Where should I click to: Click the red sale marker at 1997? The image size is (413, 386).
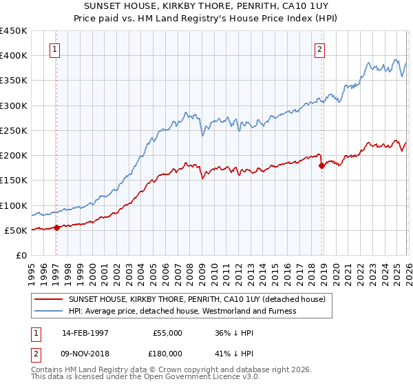pyautogui.click(x=57, y=228)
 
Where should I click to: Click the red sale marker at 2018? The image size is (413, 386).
pyautogui.click(x=321, y=165)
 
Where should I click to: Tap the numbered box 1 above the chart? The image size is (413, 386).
pyautogui.click(x=54, y=49)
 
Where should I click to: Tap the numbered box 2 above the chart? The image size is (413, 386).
pyautogui.click(x=320, y=49)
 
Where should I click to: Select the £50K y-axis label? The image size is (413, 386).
pyautogui.click(x=16, y=230)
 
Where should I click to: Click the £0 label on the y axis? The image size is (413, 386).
pyautogui.click(x=21, y=256)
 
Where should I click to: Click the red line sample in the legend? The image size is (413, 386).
pyautogui.click(x=49, y=298)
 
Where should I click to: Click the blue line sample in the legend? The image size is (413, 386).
pyautogui.click(x=49, y=311)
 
